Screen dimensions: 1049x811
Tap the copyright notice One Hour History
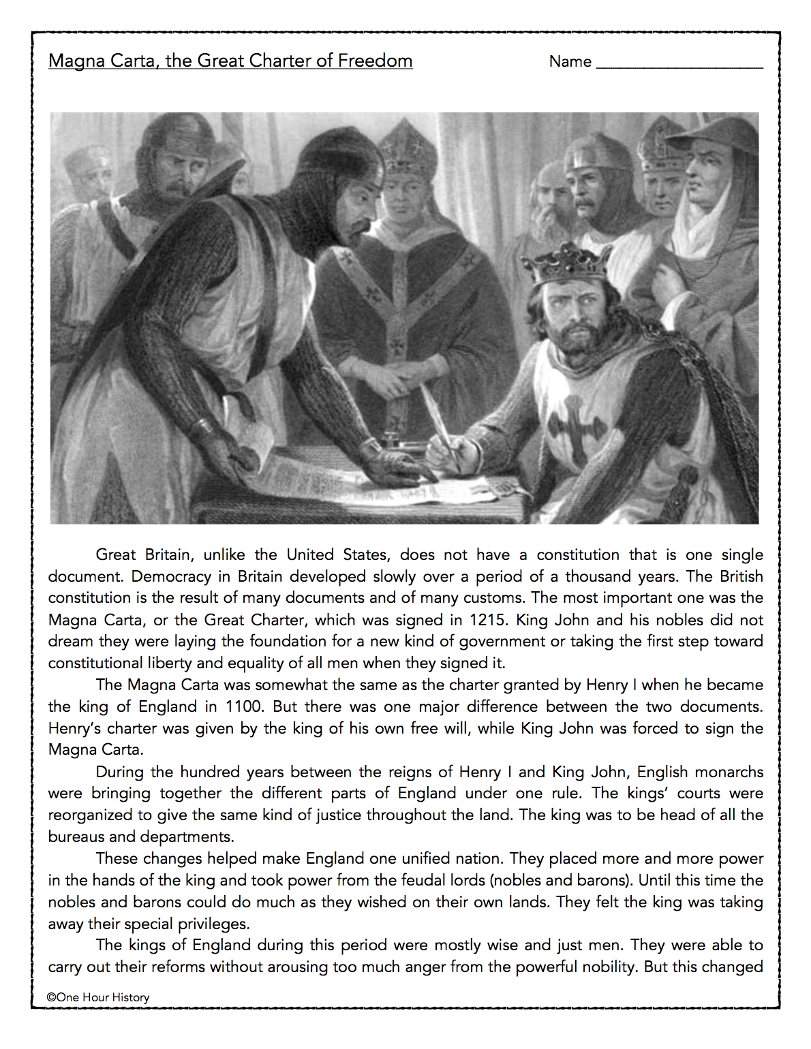pos(98,997)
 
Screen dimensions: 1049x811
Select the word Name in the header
pos(570,62)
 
